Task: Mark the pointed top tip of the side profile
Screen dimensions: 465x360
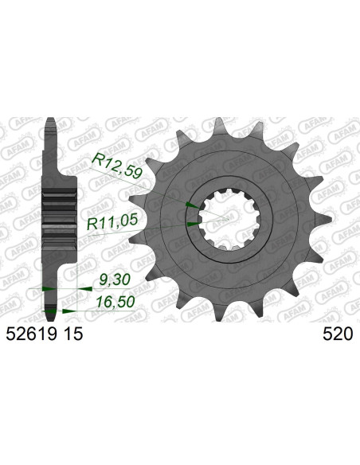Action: tap(51, 120)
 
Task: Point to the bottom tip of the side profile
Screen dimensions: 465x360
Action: tap(51, 311)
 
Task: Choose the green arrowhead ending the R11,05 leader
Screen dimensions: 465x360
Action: tap(191, 225)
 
